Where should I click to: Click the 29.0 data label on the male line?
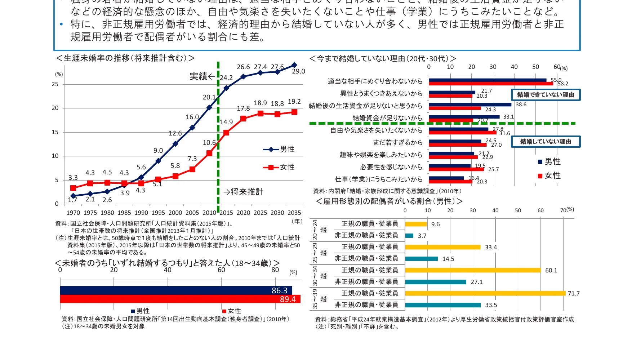298,71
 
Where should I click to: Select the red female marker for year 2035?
294,112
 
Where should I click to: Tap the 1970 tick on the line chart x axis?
73,213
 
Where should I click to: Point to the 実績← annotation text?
202,76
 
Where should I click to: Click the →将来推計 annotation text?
243,192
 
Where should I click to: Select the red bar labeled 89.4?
180,299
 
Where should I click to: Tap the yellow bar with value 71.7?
485,293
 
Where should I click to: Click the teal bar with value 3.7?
409,236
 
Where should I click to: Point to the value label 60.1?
551,270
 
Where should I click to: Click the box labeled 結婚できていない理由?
546,95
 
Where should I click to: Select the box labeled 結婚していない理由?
546,142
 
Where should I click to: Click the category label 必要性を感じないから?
391,167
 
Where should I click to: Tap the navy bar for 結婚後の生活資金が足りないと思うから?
470,105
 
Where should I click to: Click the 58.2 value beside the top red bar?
563,84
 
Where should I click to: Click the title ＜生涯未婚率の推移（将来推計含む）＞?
125,58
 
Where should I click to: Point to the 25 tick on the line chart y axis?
55,84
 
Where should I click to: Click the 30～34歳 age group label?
315,276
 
